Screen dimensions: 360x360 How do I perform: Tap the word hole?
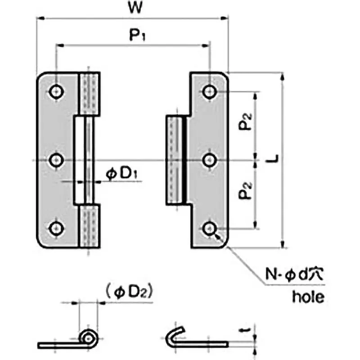tap(308, 297)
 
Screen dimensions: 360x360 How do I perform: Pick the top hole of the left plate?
tap(56, 92)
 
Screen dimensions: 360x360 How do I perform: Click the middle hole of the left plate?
tap(56, 160)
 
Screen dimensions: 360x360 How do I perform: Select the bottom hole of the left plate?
tap(56, 228)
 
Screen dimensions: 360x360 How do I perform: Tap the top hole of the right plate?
tap(208, 92)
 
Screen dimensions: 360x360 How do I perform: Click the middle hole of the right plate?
tap(208, 160)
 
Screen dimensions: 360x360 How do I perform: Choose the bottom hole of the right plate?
tap(208, 228)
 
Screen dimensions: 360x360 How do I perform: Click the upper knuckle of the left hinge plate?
tap(90, 93)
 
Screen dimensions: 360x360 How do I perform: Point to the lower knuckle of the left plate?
tap(90, 226)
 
